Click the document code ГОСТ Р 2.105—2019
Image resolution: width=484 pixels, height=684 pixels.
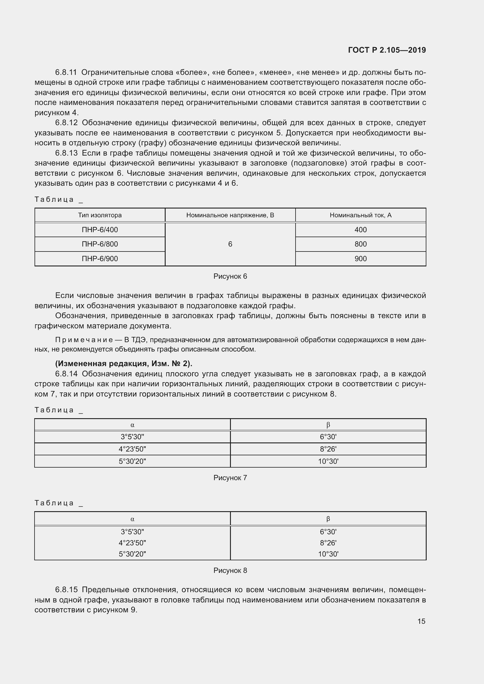pos(387,50)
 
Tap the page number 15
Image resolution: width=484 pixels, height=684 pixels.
pos(421,621)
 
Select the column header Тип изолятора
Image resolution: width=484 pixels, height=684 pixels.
pos(100,215)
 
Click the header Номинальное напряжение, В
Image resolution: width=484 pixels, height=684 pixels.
pos(230,215)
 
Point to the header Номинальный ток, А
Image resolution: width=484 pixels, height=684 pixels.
pos(360,215)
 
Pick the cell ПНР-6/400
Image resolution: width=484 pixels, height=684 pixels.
pos(100,230)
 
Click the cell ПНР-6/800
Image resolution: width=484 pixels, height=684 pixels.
pos(100,244)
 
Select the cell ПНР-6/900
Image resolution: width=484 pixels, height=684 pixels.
pos(100,259)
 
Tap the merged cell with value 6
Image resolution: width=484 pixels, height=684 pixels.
pos(230,244)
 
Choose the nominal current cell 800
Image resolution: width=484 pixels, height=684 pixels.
pos(361,244)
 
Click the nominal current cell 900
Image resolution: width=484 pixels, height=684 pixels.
pos(361,259)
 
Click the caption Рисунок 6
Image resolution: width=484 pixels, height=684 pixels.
pos(230,276)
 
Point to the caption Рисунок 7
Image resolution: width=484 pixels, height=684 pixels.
pos(230,478)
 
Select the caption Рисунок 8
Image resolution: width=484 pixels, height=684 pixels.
pos(230,571)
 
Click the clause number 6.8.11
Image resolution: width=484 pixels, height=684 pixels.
pos(66,73)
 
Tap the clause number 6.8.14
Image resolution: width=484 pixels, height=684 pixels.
pos(66,374)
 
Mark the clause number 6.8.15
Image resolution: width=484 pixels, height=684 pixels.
pos(66,590)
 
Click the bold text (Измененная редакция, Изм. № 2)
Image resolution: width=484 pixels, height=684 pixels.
pos(124,363)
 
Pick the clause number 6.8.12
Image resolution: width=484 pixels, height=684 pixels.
pos(66,123)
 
